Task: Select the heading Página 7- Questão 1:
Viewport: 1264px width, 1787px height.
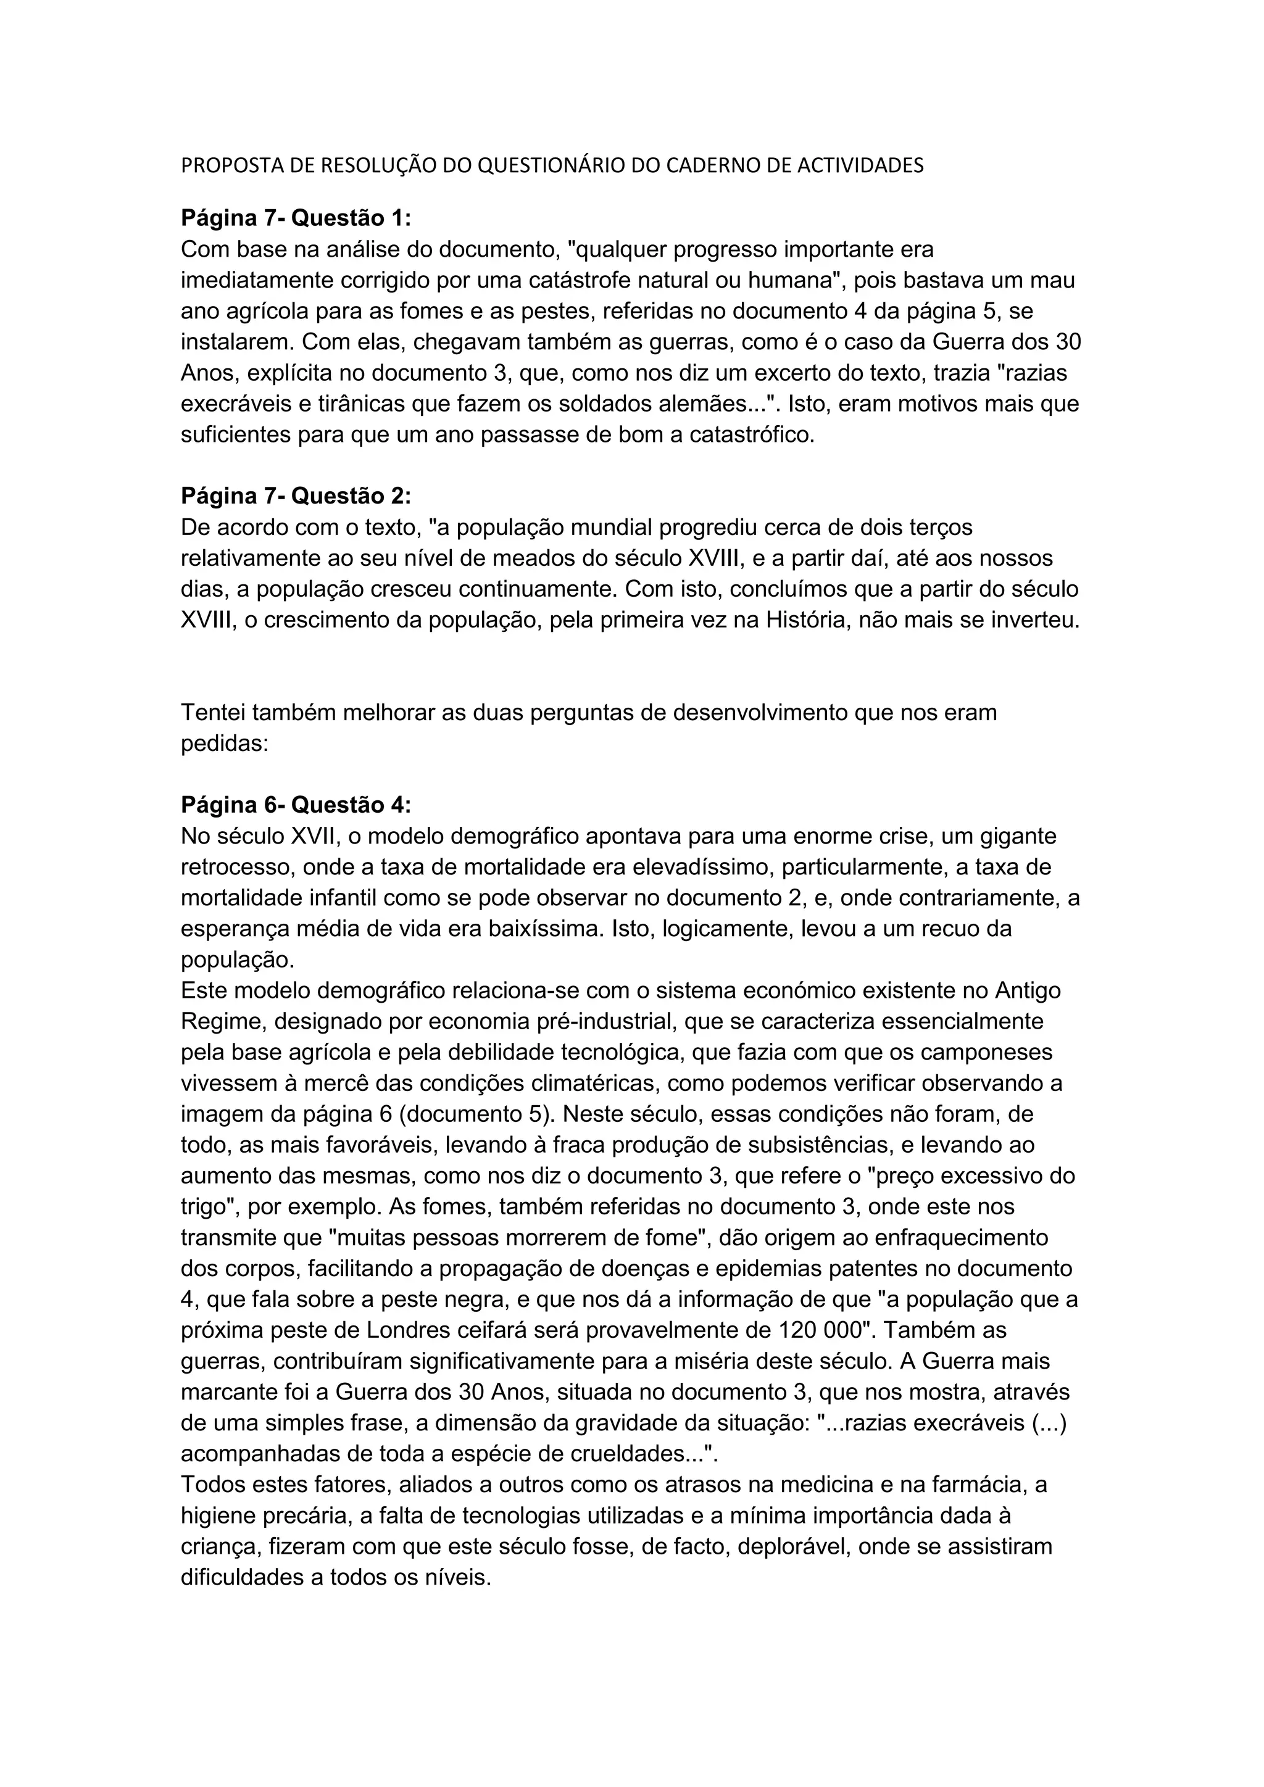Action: pos(296,218)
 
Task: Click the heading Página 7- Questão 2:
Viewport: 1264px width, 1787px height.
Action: pos(296,497)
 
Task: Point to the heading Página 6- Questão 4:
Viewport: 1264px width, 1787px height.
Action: pos(296,805)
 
